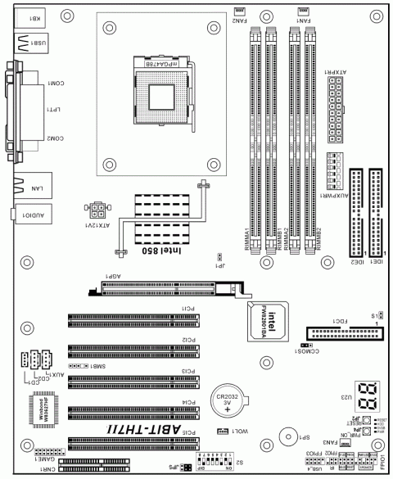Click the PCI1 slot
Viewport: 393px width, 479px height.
pyautogui.click(x=133, y=317)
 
